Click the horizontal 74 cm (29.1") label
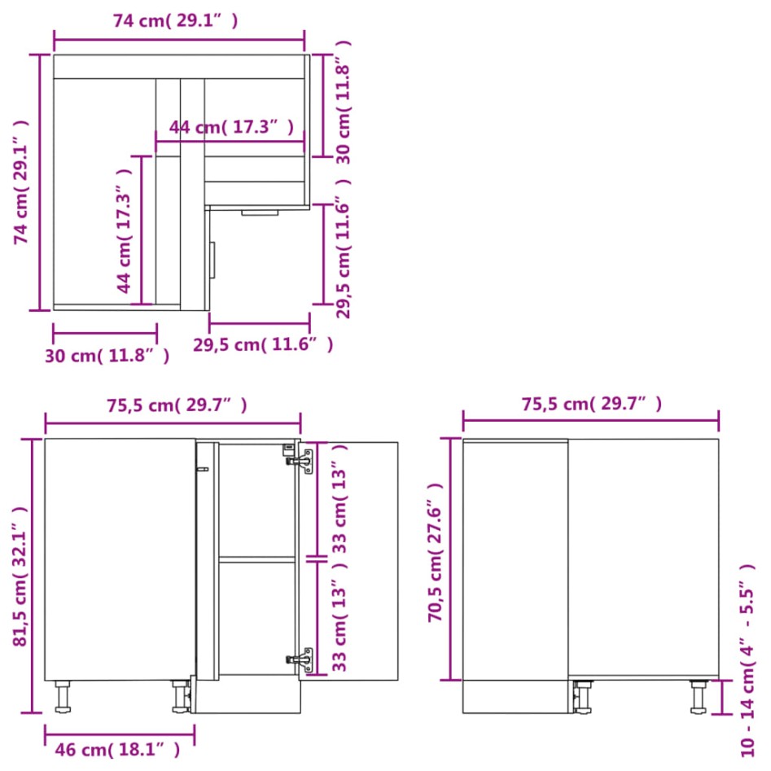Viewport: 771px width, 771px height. [176, 21]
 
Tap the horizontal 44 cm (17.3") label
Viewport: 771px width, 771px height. [231, 127]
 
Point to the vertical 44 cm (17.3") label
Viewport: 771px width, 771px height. [124, 230]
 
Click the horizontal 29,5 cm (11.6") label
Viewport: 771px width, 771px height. [263, 344]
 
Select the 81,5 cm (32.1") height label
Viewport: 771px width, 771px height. [21, 575]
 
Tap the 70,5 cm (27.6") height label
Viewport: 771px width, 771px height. [436, 552]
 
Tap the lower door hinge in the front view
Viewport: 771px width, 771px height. [304, 659]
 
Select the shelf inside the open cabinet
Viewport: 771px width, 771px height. [256, 559]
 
